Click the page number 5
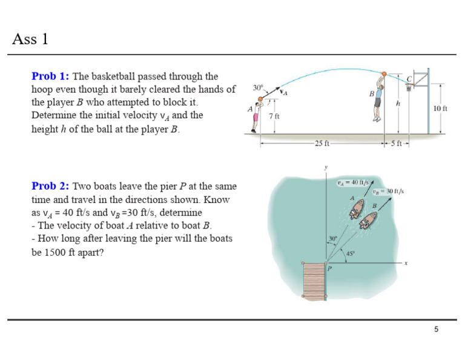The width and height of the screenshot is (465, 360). [x=436, y=329]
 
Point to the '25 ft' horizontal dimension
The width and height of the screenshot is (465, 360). [x=322, y=144]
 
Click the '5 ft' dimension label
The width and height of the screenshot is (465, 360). [x=397, y=144]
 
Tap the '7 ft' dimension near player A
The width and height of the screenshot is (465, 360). [x=274, y=115]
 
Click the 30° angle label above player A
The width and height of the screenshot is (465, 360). [x=258, y=88]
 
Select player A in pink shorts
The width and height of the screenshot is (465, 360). [x=256, y=116]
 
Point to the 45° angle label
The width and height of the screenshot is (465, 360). [x=350, y=253]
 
